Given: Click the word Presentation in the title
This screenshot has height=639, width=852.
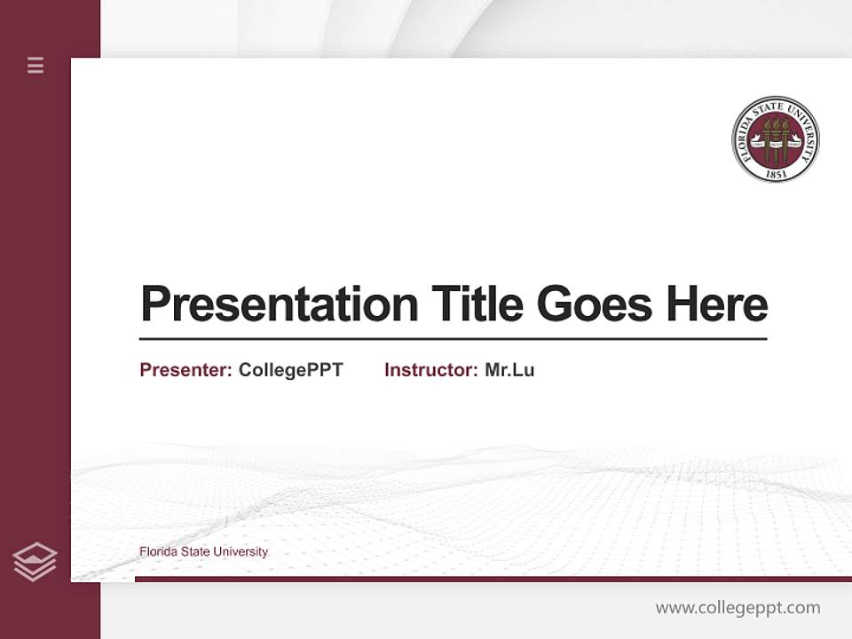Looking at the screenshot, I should tap(279, 304).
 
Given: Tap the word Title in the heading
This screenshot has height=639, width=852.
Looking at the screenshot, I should tap(477, 304).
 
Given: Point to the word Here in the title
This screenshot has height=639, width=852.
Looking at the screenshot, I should tap(716, 304).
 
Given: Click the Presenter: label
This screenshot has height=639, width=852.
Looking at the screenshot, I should tap(185, 370).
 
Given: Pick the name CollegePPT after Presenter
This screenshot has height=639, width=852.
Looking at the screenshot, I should tap(290, 370).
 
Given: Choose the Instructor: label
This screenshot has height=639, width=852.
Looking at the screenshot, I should tap(430, 370).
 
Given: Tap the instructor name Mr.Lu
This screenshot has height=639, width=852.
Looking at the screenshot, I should tap(509, 370).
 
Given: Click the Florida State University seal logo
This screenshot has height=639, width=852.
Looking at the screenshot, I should tap(775, 139).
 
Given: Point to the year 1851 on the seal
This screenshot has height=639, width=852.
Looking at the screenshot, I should tap(776, 174).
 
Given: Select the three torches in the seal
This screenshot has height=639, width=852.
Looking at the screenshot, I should tap(776, 138).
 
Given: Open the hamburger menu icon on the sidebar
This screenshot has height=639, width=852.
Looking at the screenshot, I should tap(35, 65).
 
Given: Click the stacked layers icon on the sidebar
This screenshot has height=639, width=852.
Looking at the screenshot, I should tap(35, 562).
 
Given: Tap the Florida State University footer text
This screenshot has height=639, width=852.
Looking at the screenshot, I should tap(203, 552).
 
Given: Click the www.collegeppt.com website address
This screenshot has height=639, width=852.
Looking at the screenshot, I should tap(738, 608).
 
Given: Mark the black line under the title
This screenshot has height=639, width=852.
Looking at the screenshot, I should tap(453, 339).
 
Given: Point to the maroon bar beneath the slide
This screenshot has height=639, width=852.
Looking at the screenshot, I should tap(493, 579).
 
